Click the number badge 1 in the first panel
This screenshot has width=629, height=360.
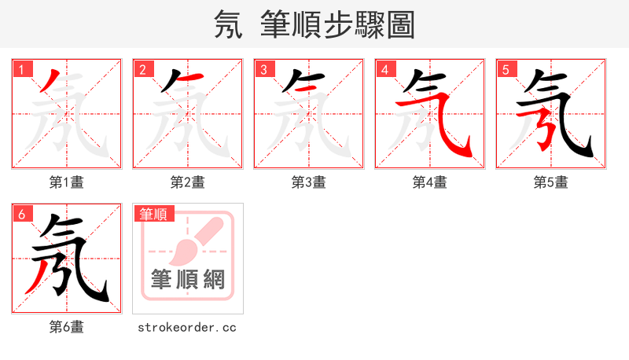(x=21, y=69)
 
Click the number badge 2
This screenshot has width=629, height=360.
(x=142, y=69)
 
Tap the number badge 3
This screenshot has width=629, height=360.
(x=263, y=69)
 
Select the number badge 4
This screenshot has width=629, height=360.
(x=384, y=69)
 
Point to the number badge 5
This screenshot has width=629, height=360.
(x=506, y=69)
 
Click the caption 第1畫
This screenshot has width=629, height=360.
(x=67, y=182)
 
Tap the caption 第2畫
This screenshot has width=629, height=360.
(x=188, y=182)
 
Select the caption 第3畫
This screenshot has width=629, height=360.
(x=309, y=182)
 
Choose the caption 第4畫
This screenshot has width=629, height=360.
(x=430, y=182)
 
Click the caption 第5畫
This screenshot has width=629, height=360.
(x=551, y=182)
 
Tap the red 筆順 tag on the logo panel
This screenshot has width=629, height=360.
(x=153, y=214)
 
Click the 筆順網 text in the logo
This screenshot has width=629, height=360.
(x=188, y=280)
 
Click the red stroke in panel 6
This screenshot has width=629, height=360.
(x=37, y=277)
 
